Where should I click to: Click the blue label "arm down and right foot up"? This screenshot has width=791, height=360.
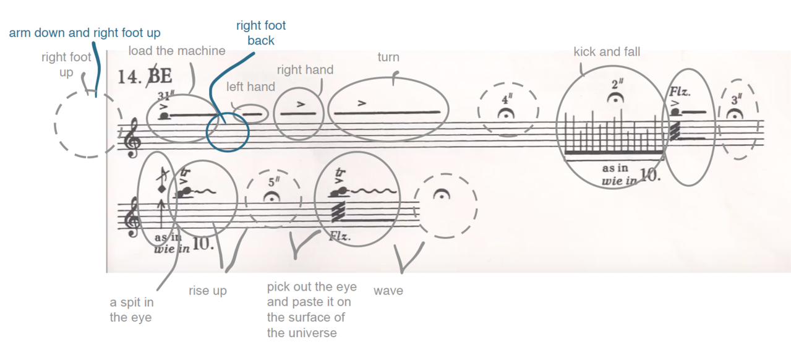tap(85, 33)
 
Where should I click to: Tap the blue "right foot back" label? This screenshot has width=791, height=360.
tap(261, 33)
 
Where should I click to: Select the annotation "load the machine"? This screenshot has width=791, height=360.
tap(177, 51)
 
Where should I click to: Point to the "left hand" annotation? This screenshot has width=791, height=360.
tap(250, 87)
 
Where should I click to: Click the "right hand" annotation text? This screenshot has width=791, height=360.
tap(305, 70)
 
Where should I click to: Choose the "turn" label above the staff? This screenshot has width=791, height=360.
tap(388, 58)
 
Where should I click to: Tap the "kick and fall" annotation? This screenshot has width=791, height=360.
tap(607, 52)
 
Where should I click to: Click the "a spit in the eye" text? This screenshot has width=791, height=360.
tap(132, 310)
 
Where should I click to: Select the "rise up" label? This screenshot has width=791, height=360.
tap(208, 291)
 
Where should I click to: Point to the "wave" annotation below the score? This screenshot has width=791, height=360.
tap(388, 291)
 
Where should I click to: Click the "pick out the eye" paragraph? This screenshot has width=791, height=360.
tap(311, 310)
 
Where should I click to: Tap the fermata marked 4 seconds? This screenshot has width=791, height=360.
tap(508, 112)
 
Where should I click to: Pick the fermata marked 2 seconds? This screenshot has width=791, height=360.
tap(616, 97)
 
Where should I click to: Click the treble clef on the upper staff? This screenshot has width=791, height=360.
tap(132, 142)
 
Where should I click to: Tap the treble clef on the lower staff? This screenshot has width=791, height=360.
tap(132, 218)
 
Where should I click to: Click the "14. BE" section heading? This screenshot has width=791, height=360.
tap(144, 77)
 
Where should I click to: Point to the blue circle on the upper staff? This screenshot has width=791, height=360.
tap(228, 132)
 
